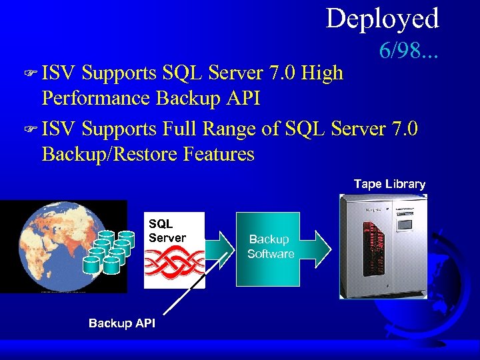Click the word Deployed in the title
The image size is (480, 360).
382,19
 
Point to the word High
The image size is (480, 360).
322,71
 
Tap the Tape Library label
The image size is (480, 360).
389,184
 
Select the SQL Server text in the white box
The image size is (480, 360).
167,231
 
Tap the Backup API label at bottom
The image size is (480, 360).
121,323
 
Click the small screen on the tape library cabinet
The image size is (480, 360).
405,225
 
